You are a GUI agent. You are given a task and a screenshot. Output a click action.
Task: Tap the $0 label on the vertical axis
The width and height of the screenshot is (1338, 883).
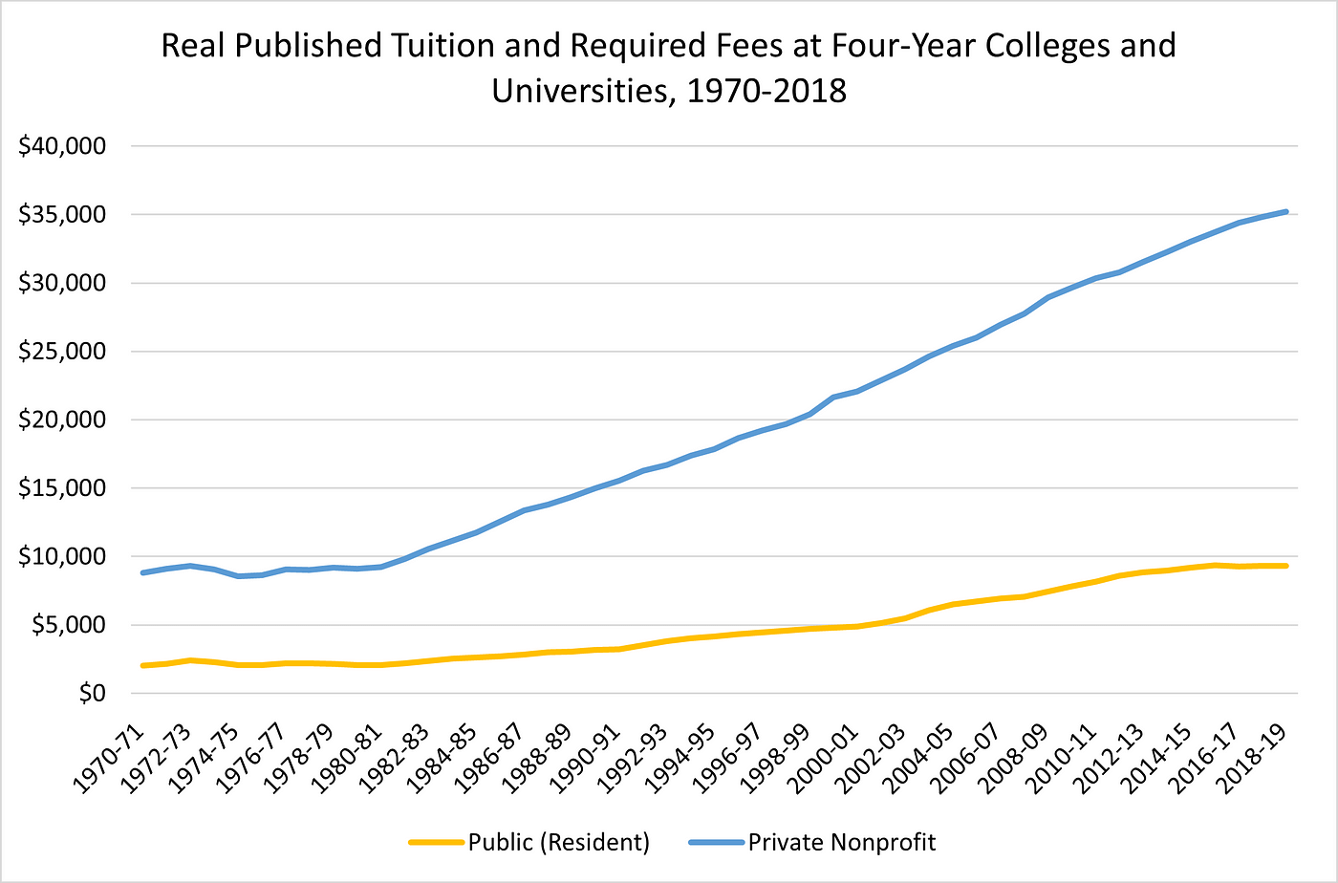coord(91,693)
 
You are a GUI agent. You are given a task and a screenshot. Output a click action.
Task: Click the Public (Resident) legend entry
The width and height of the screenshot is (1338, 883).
coord(558,842)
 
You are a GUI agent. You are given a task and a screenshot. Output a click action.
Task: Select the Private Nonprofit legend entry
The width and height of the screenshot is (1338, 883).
coord(841,842)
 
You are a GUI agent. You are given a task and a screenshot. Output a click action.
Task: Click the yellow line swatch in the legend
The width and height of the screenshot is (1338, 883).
coord(436,843)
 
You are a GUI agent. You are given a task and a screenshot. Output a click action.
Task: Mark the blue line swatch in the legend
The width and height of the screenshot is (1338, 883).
coord(715,843)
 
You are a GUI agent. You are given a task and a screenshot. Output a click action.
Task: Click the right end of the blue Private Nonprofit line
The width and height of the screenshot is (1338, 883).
coord(1286,211)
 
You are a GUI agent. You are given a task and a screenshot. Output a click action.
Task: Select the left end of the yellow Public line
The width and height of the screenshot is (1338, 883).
coord(142,665)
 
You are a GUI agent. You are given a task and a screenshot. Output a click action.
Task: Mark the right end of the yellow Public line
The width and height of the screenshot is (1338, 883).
coord(1286,566)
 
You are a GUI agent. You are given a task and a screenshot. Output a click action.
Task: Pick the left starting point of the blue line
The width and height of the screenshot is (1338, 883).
coord(142,572)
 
